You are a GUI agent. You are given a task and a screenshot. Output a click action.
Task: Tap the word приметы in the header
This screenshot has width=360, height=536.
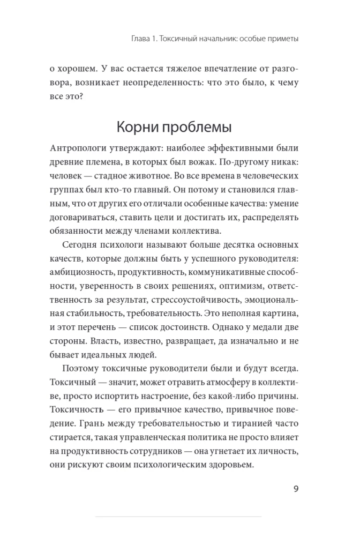pyautogui.click(x=280, y=39)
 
